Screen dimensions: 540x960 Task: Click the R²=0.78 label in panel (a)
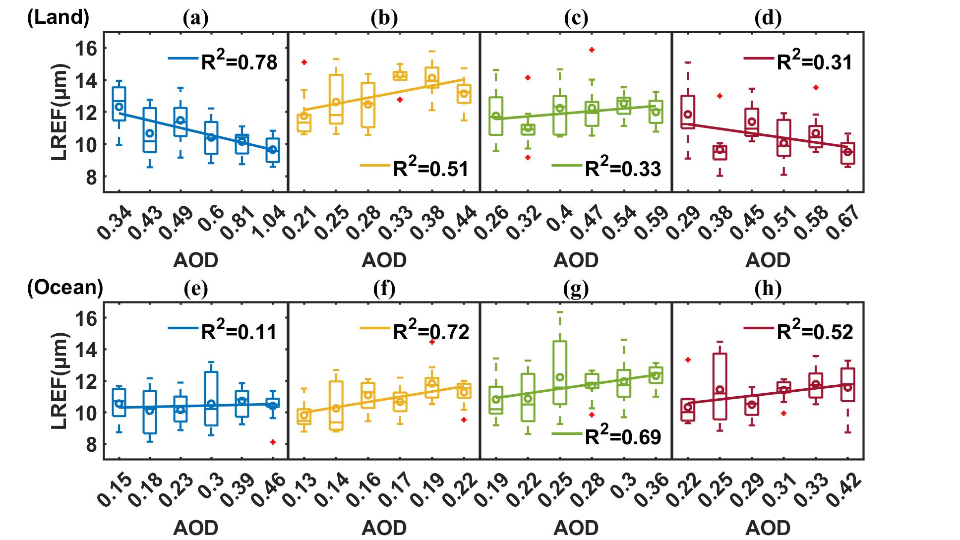click(239, 61)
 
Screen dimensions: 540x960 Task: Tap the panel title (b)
click(384, 18)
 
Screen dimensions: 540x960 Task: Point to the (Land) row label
click(58, 17)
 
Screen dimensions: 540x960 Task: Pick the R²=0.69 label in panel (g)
click(623, 436)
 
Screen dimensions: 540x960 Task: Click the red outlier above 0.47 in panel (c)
click(592, 50)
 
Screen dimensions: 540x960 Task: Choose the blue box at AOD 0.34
click(119, 103)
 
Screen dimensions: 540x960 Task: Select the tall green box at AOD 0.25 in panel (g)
click(560, 372)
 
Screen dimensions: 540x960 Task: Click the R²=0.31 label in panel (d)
click(814, 61)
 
